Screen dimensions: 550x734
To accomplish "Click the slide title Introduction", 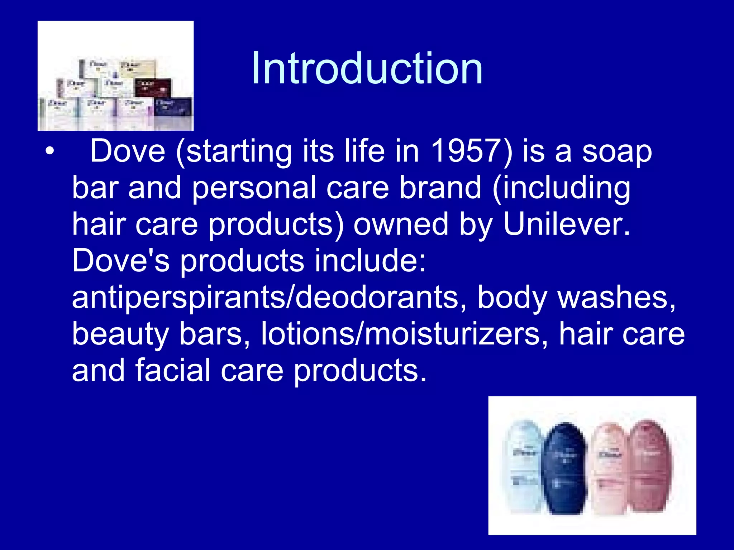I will pyautogui.click(x=367, y=68).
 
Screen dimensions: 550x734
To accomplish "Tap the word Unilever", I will pyautogui.click(x=566, y=224).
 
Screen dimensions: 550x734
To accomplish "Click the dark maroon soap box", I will pyautogui.click(x=153, y=88).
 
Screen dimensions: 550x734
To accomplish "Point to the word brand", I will pyautogui.click(x=440, y=188).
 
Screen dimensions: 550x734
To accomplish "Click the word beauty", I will pyautogui.click(x=120, y=334).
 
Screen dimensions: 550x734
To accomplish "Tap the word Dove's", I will pyautogui.click(x=121, y=261).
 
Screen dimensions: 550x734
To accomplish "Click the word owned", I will pyautogui.click(x=401, y=224).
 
